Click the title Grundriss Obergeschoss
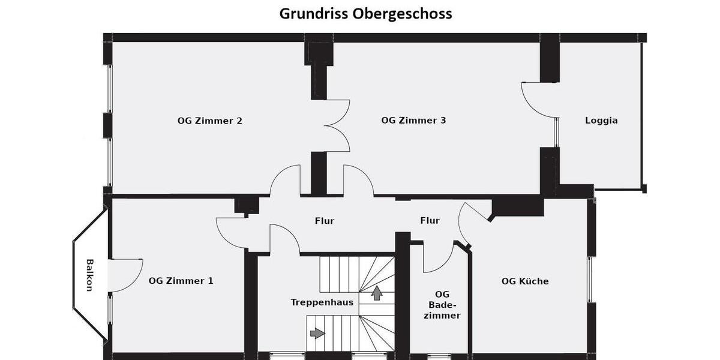click(365, 13)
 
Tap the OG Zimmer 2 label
click(209, 121)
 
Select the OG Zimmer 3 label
click(413, 120)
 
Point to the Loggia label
click(601, 120)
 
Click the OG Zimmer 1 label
click(181, 280)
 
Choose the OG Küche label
click(525, 281)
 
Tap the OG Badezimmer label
click(442, 305)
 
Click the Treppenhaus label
click(322, 302)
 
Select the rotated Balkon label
click(89, 275)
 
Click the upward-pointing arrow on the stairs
click(377, 293)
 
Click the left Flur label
click(324, 221)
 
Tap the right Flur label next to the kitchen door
click(430, 221)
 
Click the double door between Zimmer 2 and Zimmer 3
click(337, 126)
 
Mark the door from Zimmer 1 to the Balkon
click(125, 275)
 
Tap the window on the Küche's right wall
click(589, 280)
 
